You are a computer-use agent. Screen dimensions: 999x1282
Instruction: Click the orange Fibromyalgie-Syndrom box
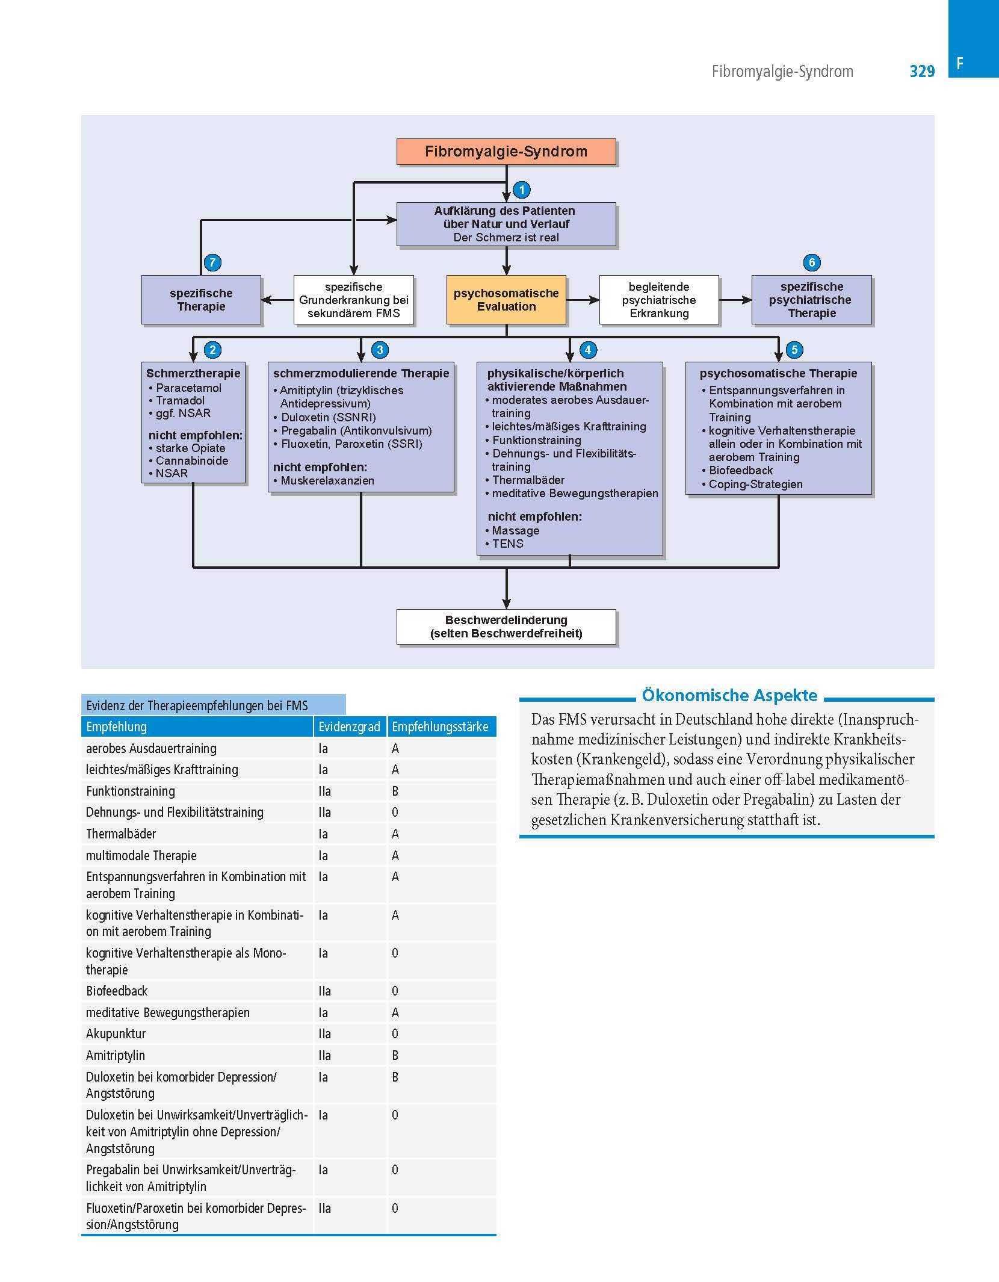(x=506, y=151)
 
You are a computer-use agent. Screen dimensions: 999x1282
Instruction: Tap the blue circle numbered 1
(x=522, y=190)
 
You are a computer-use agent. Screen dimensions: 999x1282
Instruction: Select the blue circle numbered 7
(x=212, y=262)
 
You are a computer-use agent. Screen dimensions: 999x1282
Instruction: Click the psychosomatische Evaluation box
(x=506, y=300)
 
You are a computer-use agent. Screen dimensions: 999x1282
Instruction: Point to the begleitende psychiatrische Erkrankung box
(x=659, y=300)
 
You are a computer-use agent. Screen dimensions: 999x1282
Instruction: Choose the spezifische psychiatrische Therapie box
(x=811, y=300)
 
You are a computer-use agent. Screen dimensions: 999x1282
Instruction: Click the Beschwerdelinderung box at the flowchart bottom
(x=506, y=627)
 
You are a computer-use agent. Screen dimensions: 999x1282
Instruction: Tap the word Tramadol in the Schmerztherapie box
(x=180, y=401)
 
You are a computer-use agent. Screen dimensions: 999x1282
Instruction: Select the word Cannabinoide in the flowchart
(x=192, y=461)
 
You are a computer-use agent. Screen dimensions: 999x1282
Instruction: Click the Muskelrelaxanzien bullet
(x=327, y=481)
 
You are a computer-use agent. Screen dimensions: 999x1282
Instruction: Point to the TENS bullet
(x=507, y=543)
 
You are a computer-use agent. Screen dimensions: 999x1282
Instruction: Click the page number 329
(x=922, y=72)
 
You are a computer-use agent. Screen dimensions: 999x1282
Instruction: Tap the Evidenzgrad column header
(x=349, y=727)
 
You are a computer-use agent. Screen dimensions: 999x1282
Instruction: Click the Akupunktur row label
(x=116, y=1034)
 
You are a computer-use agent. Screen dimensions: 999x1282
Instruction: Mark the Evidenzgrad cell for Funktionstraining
(x=324, y=791)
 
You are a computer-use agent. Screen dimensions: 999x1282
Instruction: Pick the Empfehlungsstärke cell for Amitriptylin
(x=395, y=1056)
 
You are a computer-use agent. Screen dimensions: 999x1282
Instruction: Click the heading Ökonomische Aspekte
(x=729, y=696)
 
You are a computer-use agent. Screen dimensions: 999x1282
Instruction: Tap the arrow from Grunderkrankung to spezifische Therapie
(x=277, y=300)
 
